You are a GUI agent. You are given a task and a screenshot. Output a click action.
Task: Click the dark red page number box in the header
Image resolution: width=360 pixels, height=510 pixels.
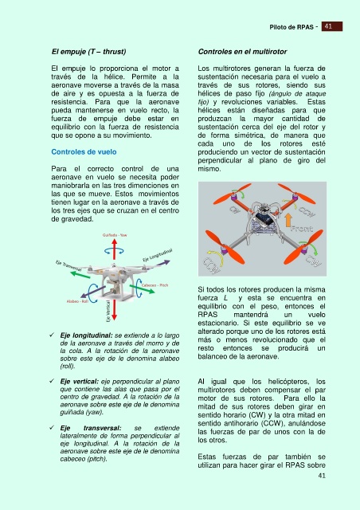point(331,26)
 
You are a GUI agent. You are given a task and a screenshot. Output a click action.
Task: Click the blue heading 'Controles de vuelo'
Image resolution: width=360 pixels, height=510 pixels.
point(84,152)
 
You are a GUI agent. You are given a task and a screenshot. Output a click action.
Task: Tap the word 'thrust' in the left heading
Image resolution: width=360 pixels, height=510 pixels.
point(114,51)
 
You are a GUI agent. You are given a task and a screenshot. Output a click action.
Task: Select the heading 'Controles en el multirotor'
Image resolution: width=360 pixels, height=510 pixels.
point(242,51)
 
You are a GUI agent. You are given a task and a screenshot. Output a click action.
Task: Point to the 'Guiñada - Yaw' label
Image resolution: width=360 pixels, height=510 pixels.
point(115,235)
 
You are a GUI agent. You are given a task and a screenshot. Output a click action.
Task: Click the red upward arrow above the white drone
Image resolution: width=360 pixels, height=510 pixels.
point(114,249)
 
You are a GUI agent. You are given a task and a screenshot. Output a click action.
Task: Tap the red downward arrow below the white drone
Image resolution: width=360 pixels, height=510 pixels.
point(114,310)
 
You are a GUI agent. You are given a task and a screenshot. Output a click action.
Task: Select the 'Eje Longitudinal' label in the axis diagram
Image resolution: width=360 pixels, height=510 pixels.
point(158,255)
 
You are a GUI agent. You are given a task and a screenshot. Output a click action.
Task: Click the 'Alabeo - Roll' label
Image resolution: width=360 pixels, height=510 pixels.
point(77,301)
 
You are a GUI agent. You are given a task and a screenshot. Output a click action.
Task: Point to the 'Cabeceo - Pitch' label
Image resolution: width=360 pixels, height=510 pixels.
point(155,285)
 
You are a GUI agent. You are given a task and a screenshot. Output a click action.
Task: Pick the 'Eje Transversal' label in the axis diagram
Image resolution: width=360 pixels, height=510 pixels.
point(68,265)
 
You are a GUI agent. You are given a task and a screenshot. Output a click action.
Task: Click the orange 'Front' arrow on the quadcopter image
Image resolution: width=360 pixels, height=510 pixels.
point(288,220)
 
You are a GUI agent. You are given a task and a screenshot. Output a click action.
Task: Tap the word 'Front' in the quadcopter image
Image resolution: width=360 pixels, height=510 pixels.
point(302,229)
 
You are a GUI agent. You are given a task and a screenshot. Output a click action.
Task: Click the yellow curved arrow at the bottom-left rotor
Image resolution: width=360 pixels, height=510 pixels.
point(217,257)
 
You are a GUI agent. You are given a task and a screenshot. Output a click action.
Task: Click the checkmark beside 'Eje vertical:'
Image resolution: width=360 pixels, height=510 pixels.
point(52,381)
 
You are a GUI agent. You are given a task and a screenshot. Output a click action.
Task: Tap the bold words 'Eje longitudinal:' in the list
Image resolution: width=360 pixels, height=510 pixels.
point(86,335)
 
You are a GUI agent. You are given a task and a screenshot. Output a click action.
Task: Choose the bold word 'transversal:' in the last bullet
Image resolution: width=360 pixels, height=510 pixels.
point(102,428)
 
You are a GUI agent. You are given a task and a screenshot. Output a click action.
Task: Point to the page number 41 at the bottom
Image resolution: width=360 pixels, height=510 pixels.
point(322,476)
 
